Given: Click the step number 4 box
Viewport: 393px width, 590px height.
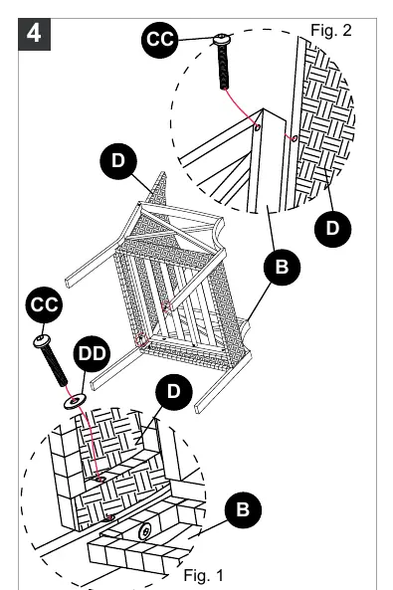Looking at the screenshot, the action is point(34,34).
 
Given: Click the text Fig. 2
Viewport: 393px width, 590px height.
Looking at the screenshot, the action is point(331,30).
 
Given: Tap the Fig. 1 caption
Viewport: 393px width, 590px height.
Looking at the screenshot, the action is point(203,575).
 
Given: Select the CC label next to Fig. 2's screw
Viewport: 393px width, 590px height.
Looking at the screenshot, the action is point(159,40).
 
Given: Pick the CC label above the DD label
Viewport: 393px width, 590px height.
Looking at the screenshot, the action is point(44,304).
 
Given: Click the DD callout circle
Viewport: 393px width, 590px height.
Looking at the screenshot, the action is point(92,353).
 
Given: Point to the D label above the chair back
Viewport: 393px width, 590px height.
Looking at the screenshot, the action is point(118,161).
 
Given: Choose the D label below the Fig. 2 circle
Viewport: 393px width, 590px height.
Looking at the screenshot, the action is point(332,229).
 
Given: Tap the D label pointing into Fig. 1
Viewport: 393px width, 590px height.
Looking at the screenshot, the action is point(174,392).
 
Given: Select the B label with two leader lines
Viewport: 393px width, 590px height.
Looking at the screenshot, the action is point(282,267).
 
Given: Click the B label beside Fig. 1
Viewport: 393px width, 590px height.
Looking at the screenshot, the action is point(243,509).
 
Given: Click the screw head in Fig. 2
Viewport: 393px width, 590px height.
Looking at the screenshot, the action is point(223,39).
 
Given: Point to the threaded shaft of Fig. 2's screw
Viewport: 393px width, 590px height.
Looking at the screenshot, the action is point(224,67).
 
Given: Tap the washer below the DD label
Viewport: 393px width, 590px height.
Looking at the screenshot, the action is point(75,401).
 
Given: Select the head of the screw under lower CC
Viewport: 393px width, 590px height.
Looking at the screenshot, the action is point(42,341).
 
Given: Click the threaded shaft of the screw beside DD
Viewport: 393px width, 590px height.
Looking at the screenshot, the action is point(56,366).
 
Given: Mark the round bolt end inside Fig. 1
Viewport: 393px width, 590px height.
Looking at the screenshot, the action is point(145,531).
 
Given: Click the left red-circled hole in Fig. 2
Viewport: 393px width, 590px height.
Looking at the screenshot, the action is point(258,127).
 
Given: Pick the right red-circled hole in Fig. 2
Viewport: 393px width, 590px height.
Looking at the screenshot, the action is point(295,138).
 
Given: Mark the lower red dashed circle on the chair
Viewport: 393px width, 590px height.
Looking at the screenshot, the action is point(141,340).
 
